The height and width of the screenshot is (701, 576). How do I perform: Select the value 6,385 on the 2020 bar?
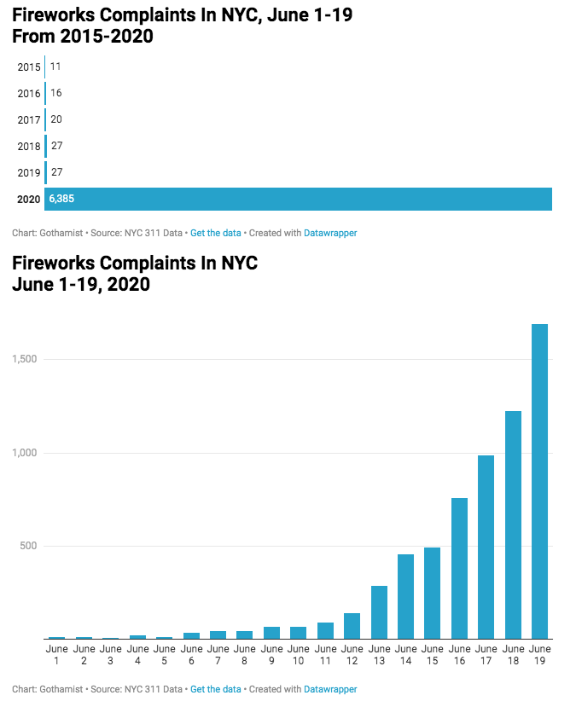[x=62, y=199]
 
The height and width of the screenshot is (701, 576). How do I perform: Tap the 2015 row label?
[x=29, y=67]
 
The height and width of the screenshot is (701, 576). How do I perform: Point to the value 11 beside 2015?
[x=55, y=67]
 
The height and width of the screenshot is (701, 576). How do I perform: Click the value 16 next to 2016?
[x=56, y=93]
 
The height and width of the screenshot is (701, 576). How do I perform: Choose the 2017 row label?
[x=29, y=119]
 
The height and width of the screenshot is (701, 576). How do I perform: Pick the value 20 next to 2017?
[x=56, y=119]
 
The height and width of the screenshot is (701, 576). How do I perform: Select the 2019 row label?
[x=29, y=172]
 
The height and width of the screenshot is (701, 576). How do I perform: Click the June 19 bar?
[x=539, y=481]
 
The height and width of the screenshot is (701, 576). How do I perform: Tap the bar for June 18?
[x=513, y=524]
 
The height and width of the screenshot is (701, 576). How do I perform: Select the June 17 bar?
[x=486, y=547]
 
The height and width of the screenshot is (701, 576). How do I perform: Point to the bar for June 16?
[x=459, y=568]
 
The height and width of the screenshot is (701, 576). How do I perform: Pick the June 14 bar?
[x=405, y=596]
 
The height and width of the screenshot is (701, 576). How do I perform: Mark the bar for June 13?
[x=379, y=612]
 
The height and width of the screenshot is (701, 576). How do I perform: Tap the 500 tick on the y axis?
[x=30, y=546]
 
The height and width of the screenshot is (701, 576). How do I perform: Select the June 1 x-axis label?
[x=57, y=654]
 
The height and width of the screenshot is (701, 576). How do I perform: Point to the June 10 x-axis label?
[x=298, y=654]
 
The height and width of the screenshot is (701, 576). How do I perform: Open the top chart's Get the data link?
[x=215, y=233]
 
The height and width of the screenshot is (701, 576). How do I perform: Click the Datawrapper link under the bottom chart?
[x=330, y=689]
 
